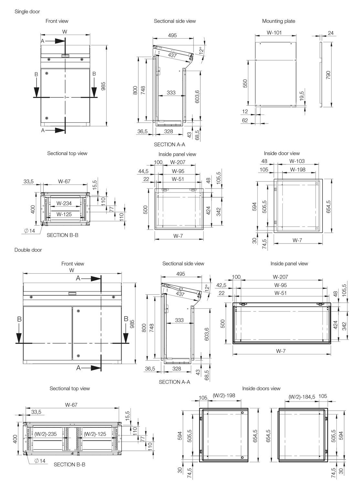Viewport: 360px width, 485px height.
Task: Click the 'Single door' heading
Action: click(27, 12)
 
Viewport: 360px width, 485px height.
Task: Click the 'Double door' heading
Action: click(28, 250)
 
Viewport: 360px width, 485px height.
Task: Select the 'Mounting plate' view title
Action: click(279, 21)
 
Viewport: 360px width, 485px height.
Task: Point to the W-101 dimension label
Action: click(274, 32)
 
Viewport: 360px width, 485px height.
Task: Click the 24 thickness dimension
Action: click(331, 33)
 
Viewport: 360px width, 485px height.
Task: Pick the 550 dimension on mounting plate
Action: click(245, 83)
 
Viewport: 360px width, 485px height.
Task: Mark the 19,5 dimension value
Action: click(302, 96)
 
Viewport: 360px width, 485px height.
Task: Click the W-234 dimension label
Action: click(64, 203)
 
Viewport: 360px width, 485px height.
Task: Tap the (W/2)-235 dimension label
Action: click(46, 434)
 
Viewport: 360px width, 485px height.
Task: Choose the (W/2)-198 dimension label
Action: click(224, 395)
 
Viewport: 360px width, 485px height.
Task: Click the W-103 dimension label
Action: click(297, 161)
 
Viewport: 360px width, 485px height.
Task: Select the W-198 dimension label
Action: click(298, 169)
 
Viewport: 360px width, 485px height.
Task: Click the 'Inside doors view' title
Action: click(261, 388)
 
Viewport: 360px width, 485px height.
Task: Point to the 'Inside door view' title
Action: click(282, 154)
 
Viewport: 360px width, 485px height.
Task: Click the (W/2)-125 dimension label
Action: click(95, 434)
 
